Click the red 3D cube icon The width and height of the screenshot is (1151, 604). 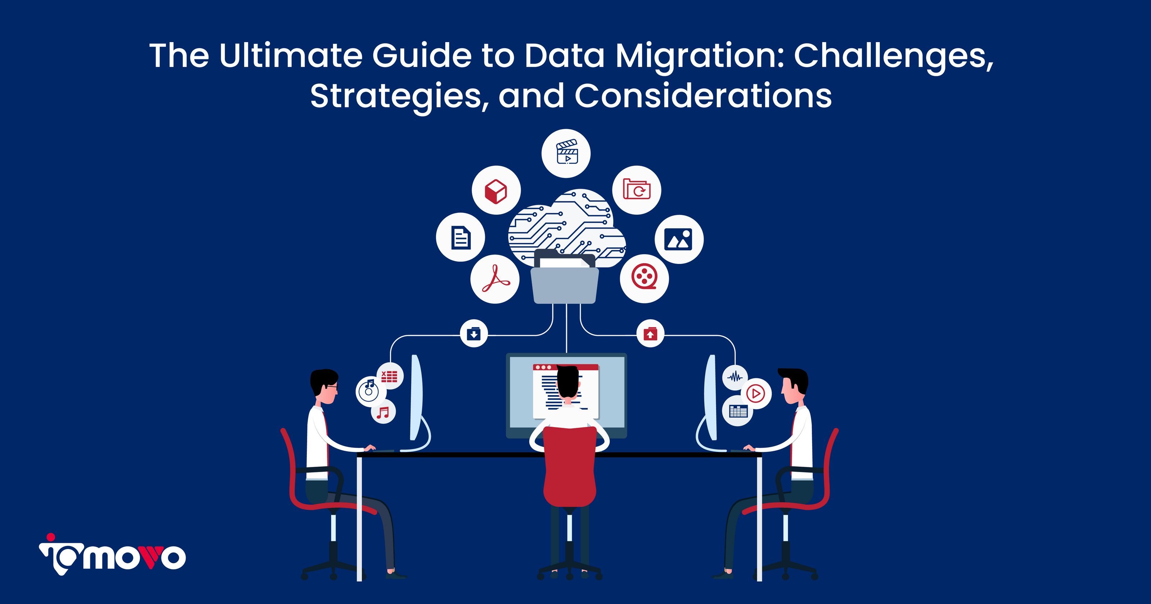pyautogui.click(x=496, y=191)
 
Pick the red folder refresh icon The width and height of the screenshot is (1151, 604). pyautogui.click(x=636, y=189)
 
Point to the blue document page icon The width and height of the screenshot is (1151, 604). pyautogui.click(x=461, y=237)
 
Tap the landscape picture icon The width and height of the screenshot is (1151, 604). pyautogui.click(x=678, y=239)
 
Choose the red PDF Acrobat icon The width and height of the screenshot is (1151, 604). pyautogui.click(x=495, y=278)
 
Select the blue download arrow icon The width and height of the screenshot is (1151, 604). pyautogui.click(x=474, y=334)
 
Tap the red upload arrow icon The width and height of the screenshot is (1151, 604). pyautogui.click(x=650, y=334)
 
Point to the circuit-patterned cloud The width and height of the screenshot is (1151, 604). pyautogui.click(x=566, y=226)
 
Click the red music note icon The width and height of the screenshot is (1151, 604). pyautogui.click(x=383, y=412)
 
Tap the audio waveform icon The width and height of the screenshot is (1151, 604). pyautogui.click(x=734, y=377)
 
